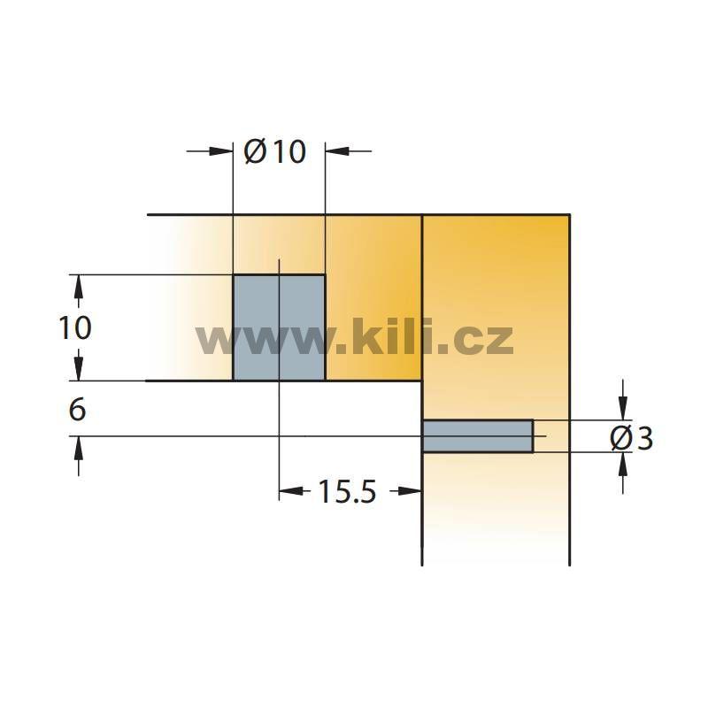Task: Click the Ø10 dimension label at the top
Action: click(275, 151)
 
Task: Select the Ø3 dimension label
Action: click(632, 438)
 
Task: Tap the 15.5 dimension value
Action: click(347, 492)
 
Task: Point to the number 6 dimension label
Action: click(77, 410)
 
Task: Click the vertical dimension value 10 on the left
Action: click(75, 327)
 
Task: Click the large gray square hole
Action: click(279, 327)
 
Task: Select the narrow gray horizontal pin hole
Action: click(478, 436)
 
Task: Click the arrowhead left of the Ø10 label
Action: click(220, 150)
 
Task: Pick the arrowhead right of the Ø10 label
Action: click(337, 150)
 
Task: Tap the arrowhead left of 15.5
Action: click(291, 491)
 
